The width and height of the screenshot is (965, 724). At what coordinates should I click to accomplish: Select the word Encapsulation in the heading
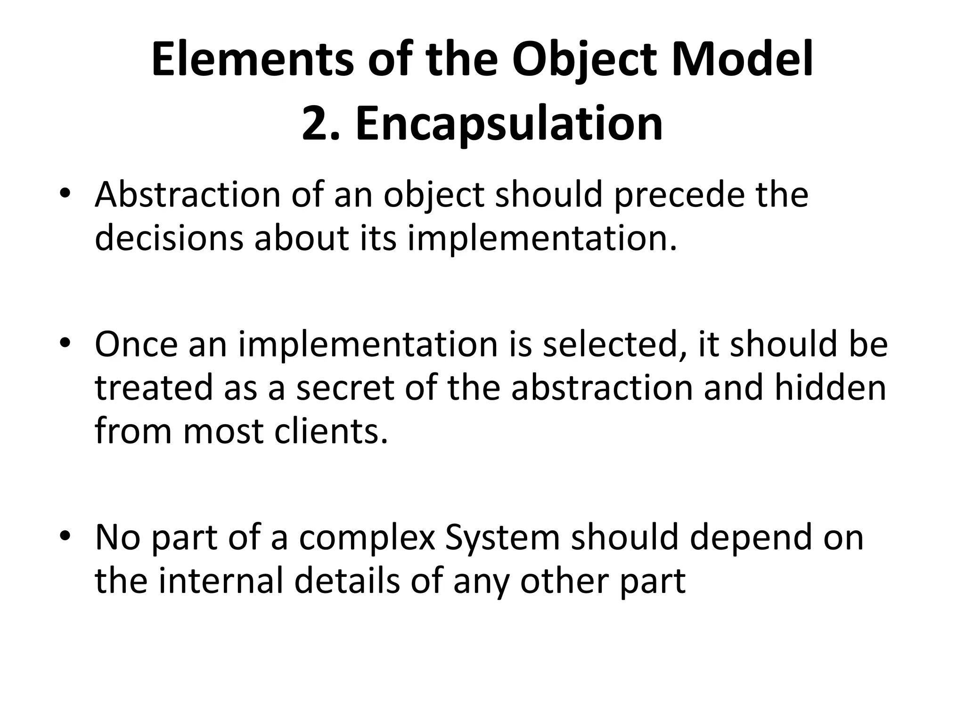pos(509,124)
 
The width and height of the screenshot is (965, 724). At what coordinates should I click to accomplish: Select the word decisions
pos(169,238)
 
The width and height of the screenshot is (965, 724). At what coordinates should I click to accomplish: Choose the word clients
pos(331,431)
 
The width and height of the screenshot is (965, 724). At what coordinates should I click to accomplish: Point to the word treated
pos(154,387)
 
